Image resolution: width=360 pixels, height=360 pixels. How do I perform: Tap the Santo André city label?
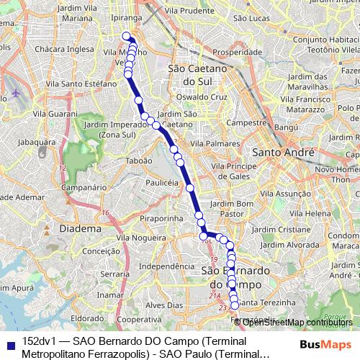pyautogui.click(x=282, y=153)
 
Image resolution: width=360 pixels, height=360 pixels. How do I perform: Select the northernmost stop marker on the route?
pyautogui.click(x=127, y=36)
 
